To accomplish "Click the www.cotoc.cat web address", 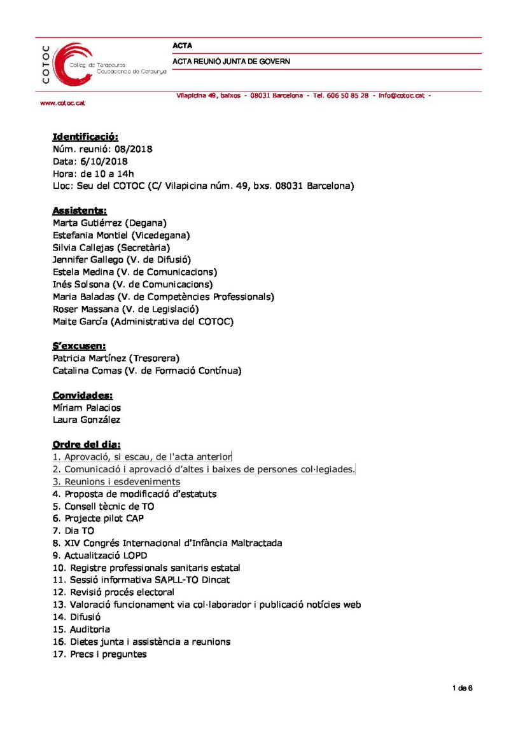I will coord(62,103).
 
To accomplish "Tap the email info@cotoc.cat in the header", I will coord(401,95).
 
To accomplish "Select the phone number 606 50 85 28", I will coord(347,95).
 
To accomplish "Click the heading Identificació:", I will coord(85,137).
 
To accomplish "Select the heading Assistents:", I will coord(80,210).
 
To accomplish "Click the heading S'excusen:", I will coord(79,346).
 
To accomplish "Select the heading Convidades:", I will coord(83,395).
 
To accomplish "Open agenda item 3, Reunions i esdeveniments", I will coord(116,482).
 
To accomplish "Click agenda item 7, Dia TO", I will coord(73,531).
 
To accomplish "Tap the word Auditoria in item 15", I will coord(90,629).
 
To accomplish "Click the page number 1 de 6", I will coord(462,688).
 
